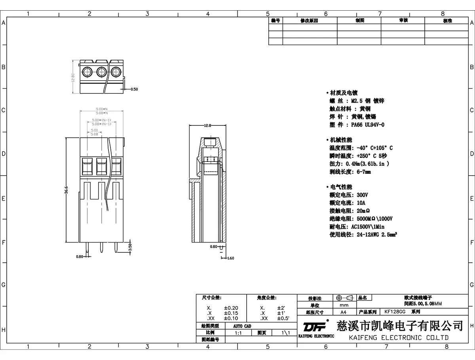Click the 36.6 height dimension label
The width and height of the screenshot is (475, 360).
[67, 190]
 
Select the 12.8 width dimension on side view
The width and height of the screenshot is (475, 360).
[207, 125]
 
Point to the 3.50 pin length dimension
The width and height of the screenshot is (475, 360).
[130, 248]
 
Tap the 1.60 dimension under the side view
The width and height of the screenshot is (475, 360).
[230, 258]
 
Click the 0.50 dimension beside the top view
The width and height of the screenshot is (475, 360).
[134, 89]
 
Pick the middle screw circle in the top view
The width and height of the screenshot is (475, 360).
[101, 72]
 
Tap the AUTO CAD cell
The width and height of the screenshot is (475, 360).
[242, 326]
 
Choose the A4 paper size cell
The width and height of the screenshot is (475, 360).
[343, 312]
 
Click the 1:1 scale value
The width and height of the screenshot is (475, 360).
[238, 333]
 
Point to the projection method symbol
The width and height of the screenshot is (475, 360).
[343, 298]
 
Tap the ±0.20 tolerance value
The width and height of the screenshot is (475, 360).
[231, 308]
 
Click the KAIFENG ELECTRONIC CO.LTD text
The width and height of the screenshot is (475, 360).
[399, 337]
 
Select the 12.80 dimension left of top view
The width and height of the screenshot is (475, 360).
[73, 77]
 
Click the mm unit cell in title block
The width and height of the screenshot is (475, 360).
[344, 305]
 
